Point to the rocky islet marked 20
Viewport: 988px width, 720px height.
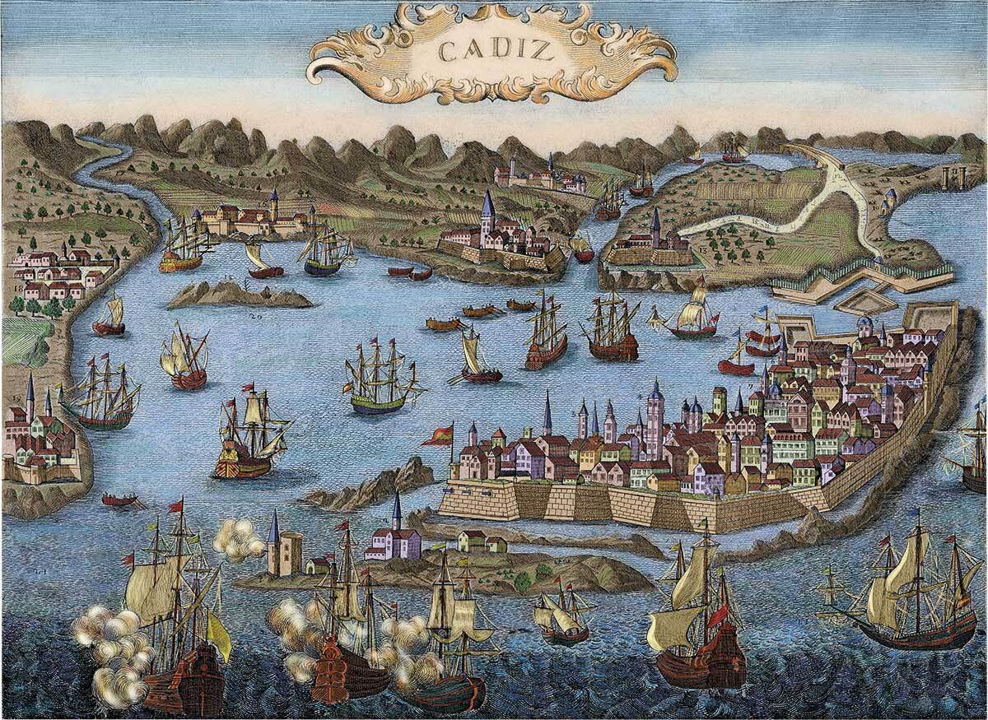[239, 295]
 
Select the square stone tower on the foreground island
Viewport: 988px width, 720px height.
[284, 552]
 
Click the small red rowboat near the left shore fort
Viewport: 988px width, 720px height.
[119, 499]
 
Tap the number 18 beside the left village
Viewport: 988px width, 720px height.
[18, 290]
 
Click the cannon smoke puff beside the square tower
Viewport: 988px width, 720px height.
[238, 539]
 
